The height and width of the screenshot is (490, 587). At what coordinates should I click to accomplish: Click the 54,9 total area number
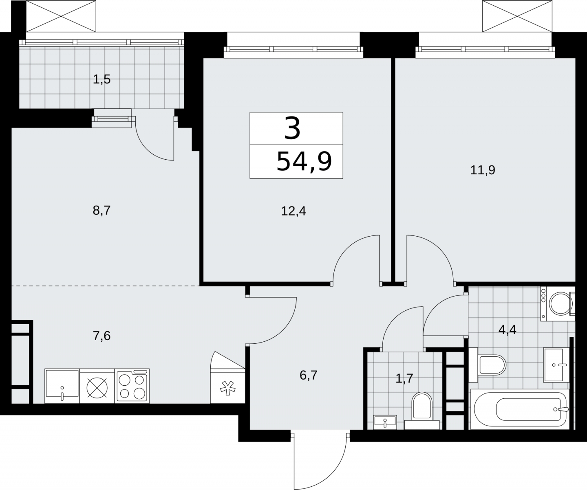click(304, 162)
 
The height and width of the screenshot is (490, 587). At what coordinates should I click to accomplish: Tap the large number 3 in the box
click(292, 128)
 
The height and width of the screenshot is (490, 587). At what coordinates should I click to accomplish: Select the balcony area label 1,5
click(102, 79)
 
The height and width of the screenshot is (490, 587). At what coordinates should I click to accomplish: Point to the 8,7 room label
click(102, 211)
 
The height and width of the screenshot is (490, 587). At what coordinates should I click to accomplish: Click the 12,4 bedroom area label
click(293, 211)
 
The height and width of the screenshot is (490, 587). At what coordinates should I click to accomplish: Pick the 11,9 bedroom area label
click(483, 170)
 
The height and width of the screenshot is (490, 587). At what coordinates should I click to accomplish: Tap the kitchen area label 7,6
click(102, 336)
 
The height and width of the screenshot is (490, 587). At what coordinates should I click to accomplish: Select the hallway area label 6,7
click(309, 376)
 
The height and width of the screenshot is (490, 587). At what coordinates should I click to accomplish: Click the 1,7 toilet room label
click(404, 379)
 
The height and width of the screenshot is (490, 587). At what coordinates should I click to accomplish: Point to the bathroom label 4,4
click(508, 330)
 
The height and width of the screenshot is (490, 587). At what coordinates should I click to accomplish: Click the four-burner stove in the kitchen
click(132, 386)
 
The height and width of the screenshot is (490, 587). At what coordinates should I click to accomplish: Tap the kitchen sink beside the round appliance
click(62, 386)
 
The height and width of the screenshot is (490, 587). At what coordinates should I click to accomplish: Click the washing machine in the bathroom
click(558, 304)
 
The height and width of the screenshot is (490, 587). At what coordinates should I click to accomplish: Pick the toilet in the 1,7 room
click(421, 411)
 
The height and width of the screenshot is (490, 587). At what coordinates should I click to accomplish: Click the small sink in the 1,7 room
click(385, 422)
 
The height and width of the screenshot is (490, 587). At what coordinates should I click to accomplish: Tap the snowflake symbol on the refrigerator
click(228, 388)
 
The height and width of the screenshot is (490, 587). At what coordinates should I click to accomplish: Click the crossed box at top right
click(517, 16)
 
